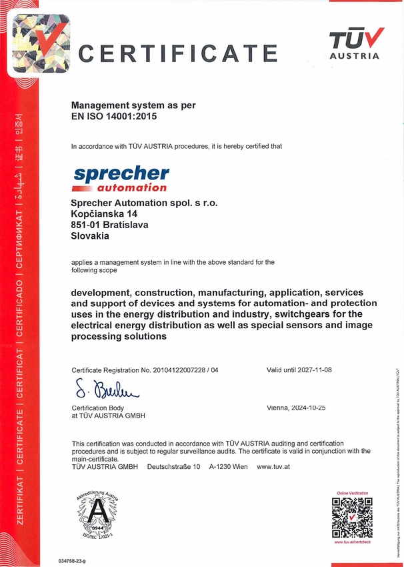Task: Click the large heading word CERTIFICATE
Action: pyautogui.click(x=178, y=53)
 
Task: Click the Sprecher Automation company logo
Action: pyautogui.click(x=121, y=178)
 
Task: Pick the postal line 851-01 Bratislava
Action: pyautogui.click(x=109, y=225)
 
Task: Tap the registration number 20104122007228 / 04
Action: pyautogui.click(x=181, y=370)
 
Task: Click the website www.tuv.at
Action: pyautogui.click(x=273, y=467)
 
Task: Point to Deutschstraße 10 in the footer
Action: pyautogui.click(x=173, y=467)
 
